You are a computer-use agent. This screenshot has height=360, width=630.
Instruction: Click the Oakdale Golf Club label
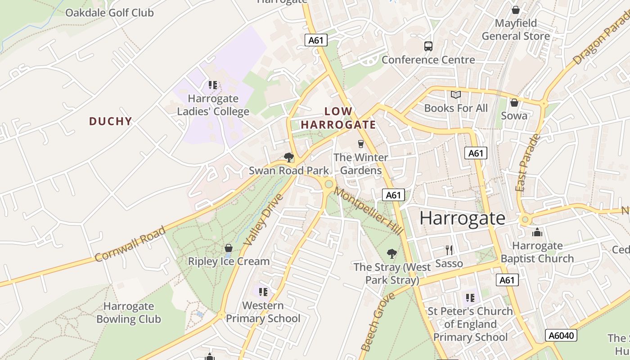point(109,13)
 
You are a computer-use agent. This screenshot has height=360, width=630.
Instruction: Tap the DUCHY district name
point(110,121)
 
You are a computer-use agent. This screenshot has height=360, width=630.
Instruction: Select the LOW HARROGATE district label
point(338,118)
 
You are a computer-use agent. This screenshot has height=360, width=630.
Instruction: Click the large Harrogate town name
point(463,218)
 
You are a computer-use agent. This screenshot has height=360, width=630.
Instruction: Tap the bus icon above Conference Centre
point(428,46)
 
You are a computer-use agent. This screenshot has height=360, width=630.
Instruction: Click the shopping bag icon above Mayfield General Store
point(516,10)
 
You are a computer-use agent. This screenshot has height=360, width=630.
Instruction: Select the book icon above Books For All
point(456,94)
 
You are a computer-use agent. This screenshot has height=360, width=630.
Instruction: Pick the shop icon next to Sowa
point(514,103)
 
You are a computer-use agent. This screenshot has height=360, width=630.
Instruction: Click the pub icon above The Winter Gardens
point(360,144)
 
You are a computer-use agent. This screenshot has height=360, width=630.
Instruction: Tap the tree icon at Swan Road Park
point(289,157)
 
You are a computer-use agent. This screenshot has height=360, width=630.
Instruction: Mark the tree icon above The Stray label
point(392,254)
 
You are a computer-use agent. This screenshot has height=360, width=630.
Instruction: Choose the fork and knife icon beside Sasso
point(449,250)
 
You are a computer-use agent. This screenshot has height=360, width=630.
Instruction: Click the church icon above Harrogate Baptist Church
point(537,233)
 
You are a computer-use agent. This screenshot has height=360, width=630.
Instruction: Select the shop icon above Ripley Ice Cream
point(229,248)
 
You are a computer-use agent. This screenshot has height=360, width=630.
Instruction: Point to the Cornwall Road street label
point(130,244)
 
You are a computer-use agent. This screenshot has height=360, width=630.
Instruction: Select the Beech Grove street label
point(378,321)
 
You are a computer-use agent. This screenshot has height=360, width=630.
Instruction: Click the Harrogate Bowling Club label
point(128,313)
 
